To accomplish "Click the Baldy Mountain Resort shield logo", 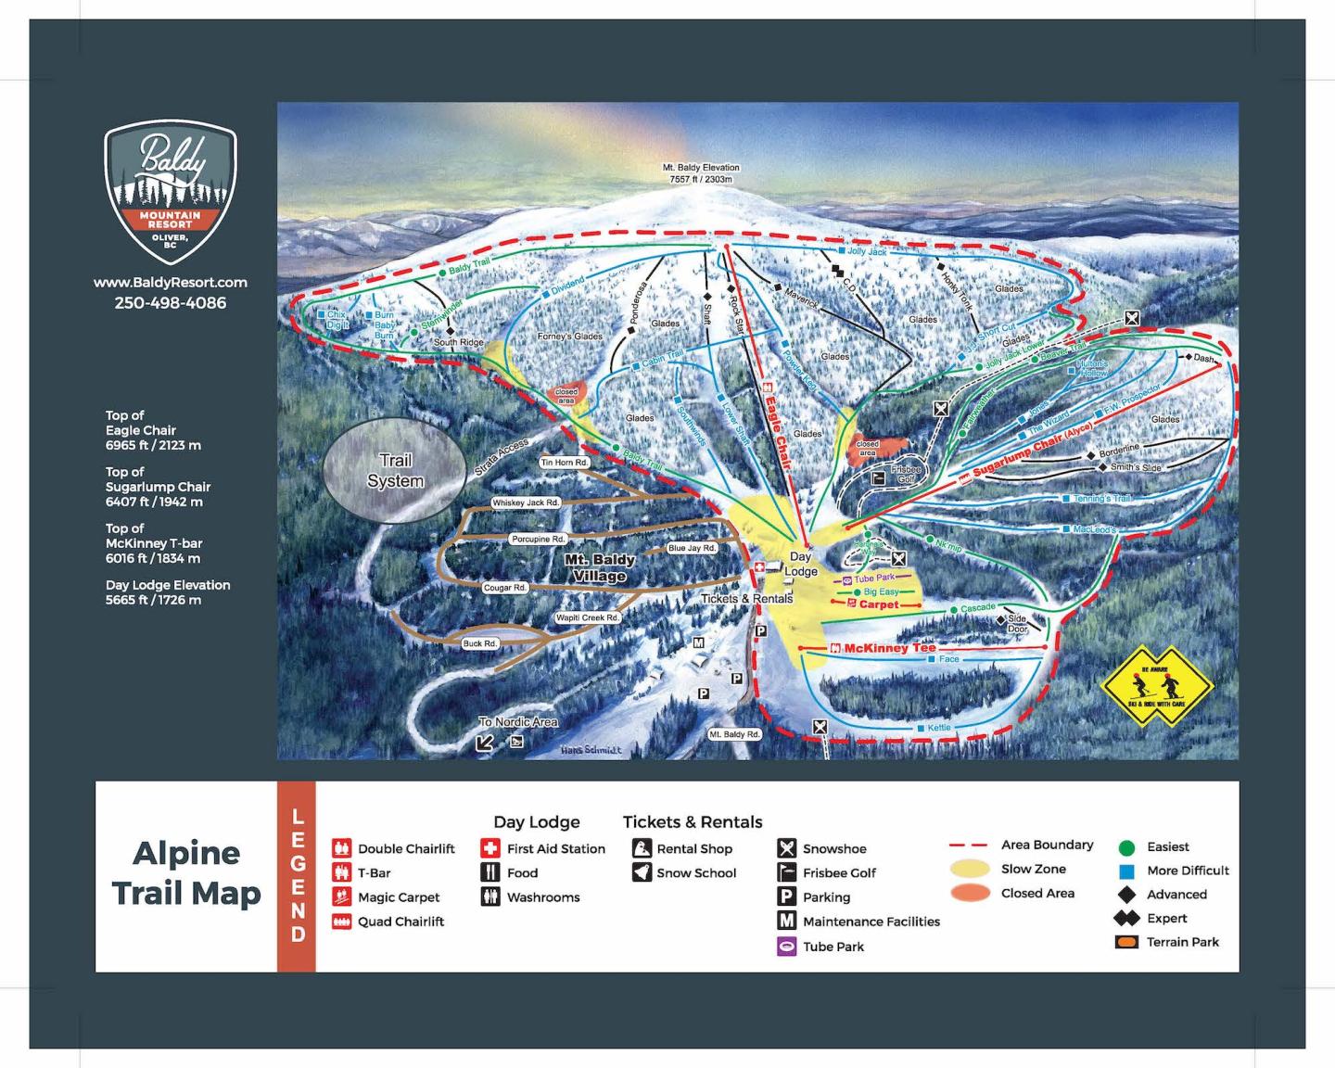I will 171,192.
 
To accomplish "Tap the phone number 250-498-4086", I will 171,303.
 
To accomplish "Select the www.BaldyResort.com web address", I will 171,282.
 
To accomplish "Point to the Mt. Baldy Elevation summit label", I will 701,173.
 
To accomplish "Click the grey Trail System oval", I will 395,471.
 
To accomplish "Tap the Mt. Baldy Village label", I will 600,567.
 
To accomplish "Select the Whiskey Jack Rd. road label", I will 526,502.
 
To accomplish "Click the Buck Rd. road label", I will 480,643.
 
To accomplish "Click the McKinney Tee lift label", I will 889,648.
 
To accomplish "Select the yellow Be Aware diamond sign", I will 1156,688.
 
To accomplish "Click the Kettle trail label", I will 939,728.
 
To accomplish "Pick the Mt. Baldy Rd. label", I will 734,734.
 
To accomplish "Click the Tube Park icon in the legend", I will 786,947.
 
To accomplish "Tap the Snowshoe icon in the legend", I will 786,848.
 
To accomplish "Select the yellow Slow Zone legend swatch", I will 970,870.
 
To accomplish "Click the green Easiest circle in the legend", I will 1126,847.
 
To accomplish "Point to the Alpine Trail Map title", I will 186,873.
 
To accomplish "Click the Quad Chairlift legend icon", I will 341,922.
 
